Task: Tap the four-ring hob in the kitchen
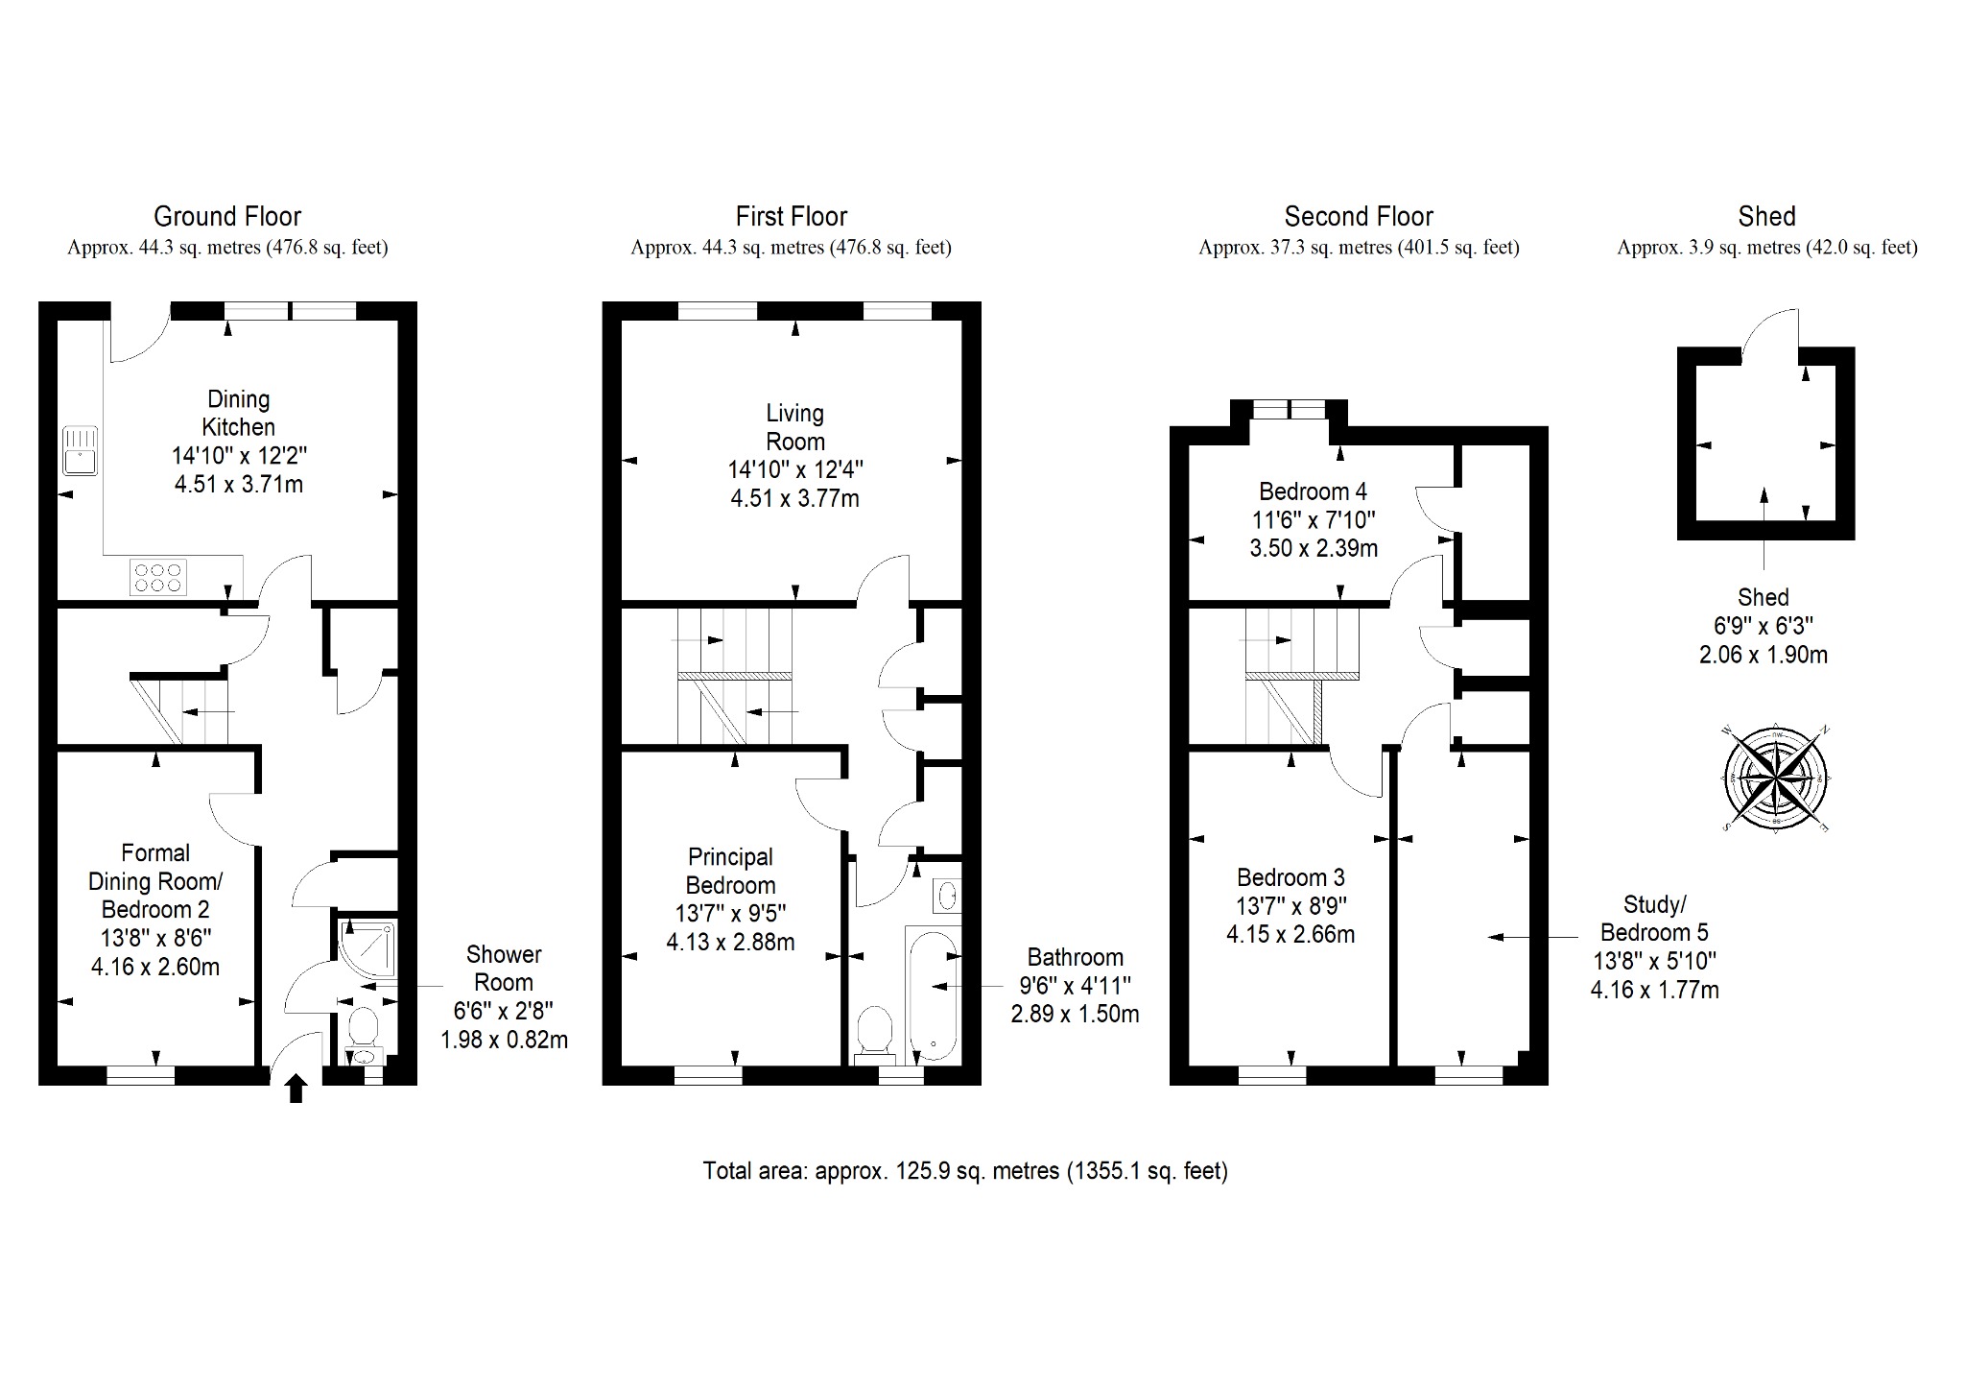(159, 577)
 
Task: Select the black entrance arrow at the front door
(296, 1090)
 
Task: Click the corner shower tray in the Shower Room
(366, 949)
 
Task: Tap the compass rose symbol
(1776, 778)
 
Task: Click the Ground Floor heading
(227, 216)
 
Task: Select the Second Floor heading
(1359, 216)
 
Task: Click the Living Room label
(795, 427)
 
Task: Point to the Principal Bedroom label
(730, 871)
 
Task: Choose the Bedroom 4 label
(1313, 491)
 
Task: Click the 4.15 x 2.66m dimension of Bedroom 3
(1290, 934)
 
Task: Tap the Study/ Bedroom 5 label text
(1654, 919)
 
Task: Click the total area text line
(965, 1171)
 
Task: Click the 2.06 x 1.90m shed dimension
(1764, 656)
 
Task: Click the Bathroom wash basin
(947, 897)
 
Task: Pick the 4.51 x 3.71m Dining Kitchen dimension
(239, 484)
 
